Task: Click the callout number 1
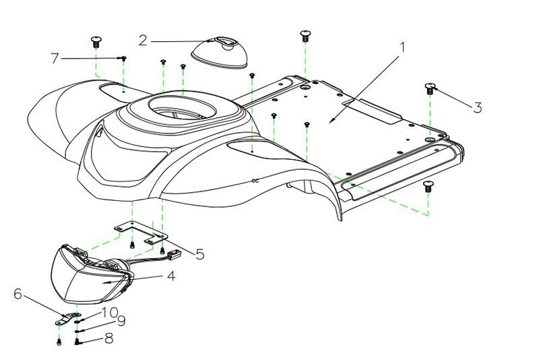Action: click(402, 48)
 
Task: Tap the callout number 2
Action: click(143, 40)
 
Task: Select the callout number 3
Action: click(477, 107)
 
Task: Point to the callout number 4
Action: click(171, 276)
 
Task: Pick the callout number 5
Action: click(199, 254)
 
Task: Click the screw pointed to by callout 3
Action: click(430, 88)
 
